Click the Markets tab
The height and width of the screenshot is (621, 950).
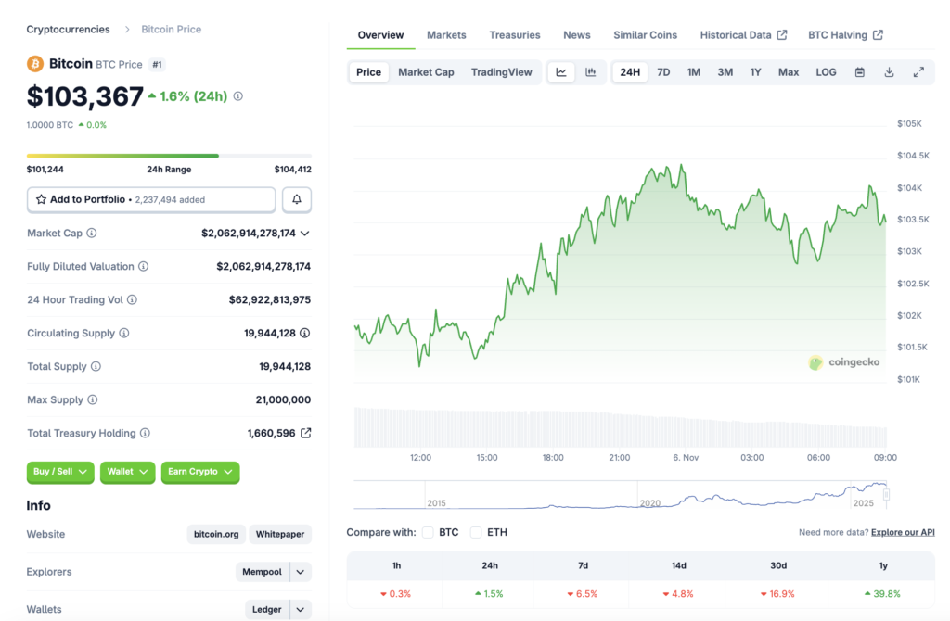[446, 35]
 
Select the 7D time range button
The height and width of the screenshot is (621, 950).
[663, 72]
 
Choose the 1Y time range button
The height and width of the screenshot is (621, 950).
[755, 72]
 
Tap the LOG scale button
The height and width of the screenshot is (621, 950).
[826, 72]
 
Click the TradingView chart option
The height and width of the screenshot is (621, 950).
[501, 72]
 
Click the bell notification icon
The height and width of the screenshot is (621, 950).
[297, 199]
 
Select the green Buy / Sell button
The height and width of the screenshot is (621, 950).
[60, 472]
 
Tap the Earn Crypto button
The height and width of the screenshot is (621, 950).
[199, 472]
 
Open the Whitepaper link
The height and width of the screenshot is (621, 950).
[280, 534]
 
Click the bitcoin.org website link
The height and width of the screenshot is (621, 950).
[216, 534]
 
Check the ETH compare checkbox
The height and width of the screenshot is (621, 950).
[476, 532]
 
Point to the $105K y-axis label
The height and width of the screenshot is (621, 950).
[909, 123]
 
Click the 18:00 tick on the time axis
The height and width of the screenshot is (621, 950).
[553, 457]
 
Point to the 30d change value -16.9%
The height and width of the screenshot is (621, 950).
[778, 593]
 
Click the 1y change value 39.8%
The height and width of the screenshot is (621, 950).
[883, 593]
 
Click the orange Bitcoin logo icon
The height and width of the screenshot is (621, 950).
[35, 64]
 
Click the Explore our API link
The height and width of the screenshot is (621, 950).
[902, 532]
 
